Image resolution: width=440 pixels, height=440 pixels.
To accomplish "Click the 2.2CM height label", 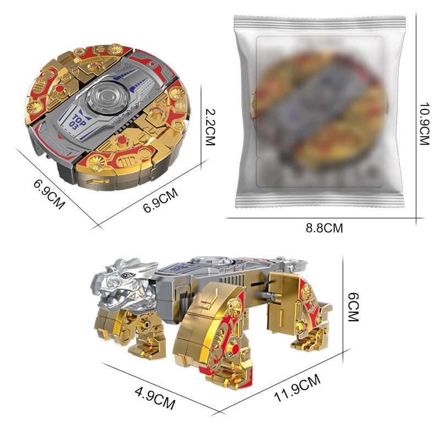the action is (x=210, y=127).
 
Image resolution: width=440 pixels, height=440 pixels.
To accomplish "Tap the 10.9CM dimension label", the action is (x=425, y=124).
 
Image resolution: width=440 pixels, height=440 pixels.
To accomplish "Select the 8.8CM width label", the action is (x=324, y=228).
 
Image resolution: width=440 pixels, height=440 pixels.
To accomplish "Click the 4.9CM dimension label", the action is (x=155, y=398).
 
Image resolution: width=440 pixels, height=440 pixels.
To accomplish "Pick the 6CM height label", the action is (x=353, y=307).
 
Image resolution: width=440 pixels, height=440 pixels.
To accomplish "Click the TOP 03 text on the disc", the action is (x=76, y=122).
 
